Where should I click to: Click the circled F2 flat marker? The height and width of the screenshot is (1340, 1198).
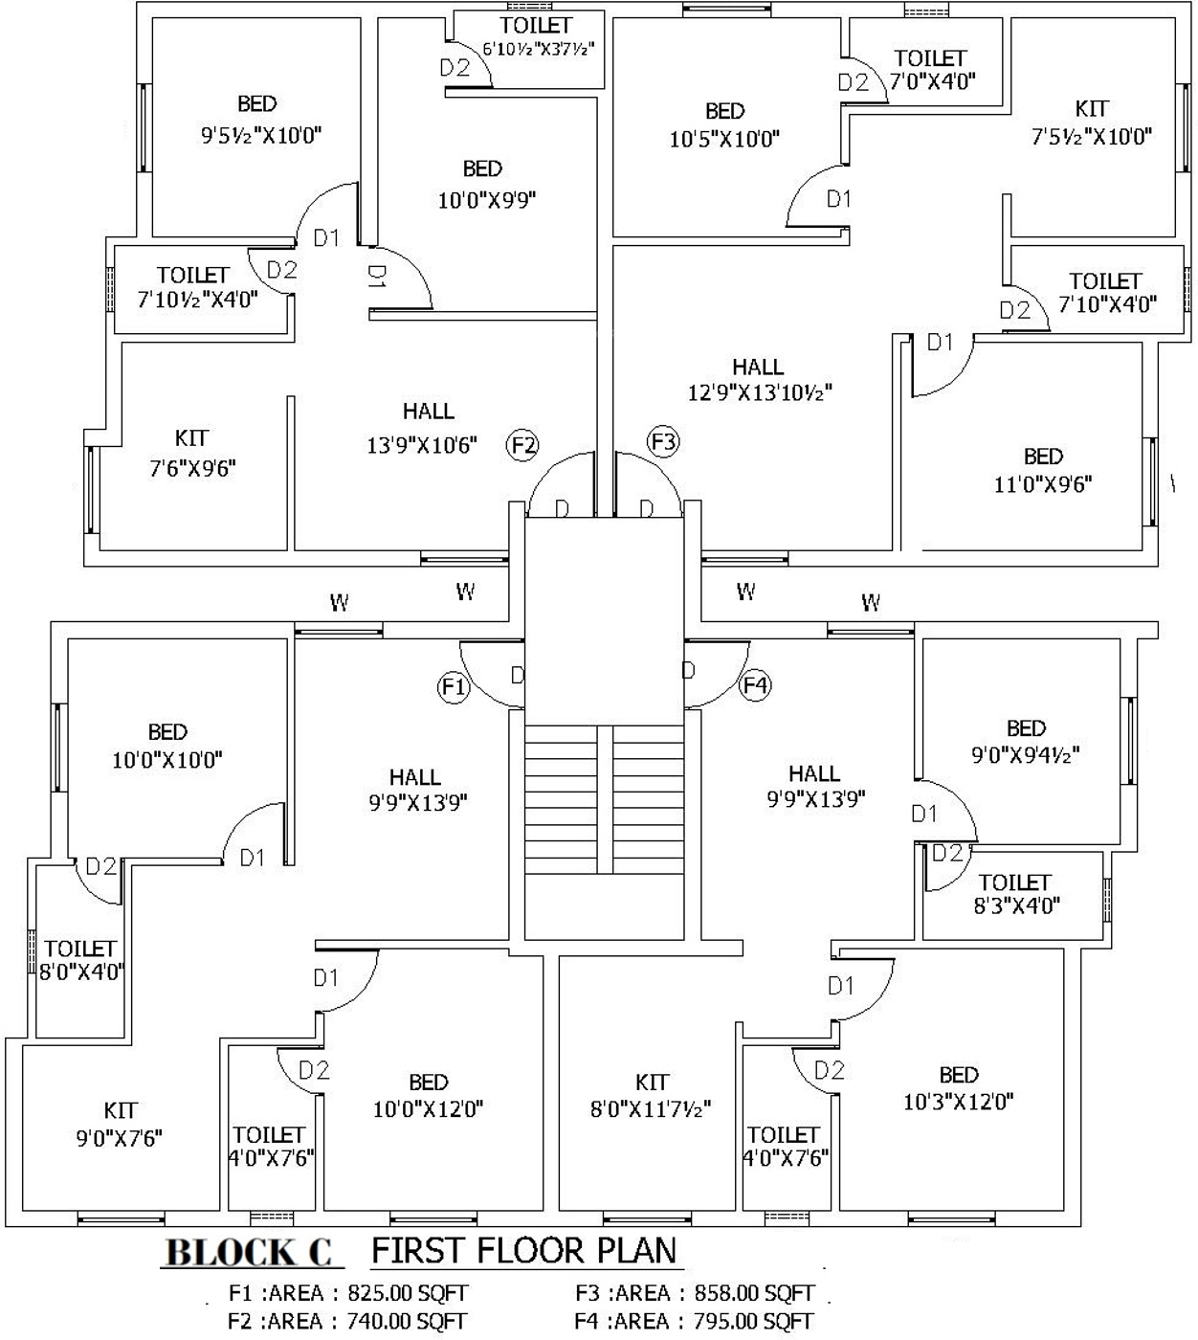coord(523,445)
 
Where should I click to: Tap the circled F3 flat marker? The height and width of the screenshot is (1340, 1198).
coord(663,441)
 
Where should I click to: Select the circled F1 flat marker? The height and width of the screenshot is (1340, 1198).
coord(455,686)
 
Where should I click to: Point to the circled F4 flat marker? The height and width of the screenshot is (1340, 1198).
coord(756,685)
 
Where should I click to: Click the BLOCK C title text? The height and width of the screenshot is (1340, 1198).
coord(250,1253)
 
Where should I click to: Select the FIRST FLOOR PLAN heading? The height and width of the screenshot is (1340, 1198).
coord(523,1250)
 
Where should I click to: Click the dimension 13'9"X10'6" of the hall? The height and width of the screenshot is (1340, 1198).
coord(422,445)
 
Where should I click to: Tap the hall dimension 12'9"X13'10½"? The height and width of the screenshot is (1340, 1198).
coord(760,392)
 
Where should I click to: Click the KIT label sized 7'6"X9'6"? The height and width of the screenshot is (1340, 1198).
coord(192,438)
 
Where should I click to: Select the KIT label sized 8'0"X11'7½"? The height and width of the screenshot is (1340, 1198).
coord(652,1083)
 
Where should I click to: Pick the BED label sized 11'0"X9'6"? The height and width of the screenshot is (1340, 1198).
coord(1043,457)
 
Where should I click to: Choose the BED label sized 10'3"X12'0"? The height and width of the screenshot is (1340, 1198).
coord(959,1075)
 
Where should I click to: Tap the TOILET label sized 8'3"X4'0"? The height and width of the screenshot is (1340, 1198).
coord(1015,882)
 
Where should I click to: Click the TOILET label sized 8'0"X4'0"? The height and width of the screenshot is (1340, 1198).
coord(80,949)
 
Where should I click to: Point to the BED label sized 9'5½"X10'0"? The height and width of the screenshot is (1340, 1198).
coord(257,103)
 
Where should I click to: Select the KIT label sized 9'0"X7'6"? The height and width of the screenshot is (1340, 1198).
coord(121,1110)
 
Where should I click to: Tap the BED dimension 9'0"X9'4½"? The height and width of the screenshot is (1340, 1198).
coord(1026,755)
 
